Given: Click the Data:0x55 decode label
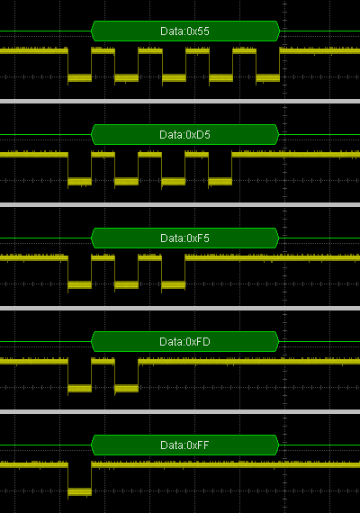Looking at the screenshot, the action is click(184, 31).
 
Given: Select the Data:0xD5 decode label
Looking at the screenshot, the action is click(184, 134).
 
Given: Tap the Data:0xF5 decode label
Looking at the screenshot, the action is click(184, 238).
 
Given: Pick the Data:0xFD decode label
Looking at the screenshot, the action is click(184, 342).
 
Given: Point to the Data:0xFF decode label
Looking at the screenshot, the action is click(184, 445).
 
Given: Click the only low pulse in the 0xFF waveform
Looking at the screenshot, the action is click(79, 491).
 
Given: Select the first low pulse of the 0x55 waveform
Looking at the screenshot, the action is click(79, 78).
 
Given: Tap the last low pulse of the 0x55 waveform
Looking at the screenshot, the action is click(267, 78).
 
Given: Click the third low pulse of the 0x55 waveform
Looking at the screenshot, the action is click(174, 78).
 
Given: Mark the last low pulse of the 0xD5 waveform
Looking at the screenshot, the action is click(220, 181).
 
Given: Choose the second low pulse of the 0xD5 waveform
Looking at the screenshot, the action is click(126, 181).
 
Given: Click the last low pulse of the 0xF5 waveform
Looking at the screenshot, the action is click(174, 285).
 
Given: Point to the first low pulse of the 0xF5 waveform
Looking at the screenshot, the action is click(79, 285).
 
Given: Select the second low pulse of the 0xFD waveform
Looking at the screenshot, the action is click(126, 388).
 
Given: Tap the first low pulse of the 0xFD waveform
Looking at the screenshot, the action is click(79, 388).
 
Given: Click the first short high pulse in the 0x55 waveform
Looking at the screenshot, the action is click(103, 50).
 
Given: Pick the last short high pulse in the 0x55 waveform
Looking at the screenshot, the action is click(245, 50).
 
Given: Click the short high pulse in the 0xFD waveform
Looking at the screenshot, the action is click(103, 361).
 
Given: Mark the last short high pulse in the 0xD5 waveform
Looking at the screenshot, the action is click(197, 154).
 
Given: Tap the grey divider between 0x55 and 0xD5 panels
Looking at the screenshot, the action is click(180, 101).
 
